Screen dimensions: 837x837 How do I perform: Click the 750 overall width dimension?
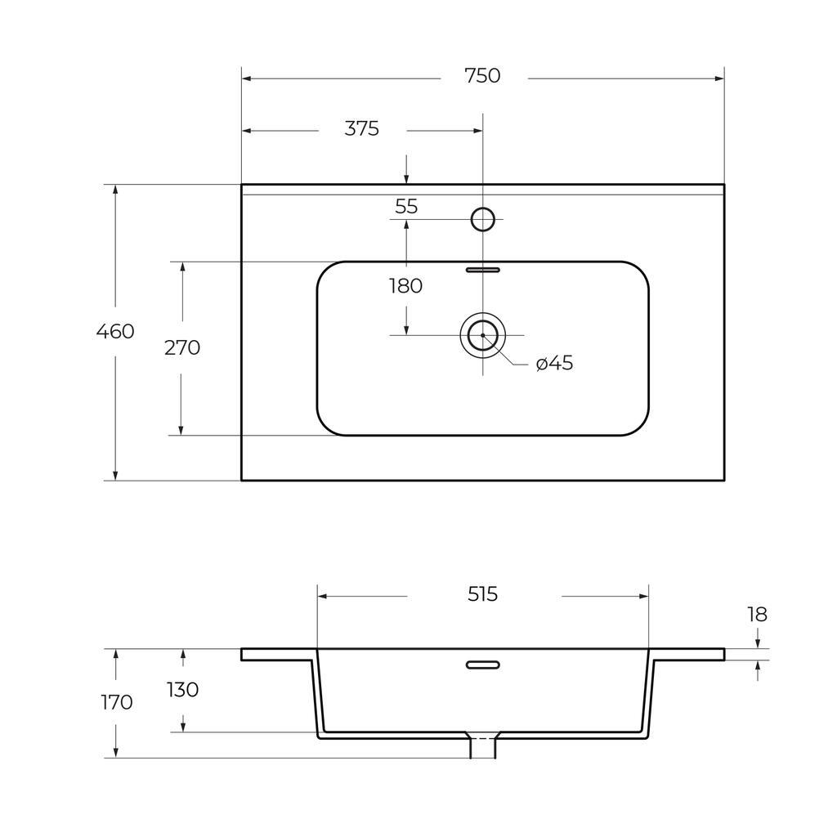[482, 76]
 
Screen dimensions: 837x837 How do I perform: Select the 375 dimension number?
[361, 128]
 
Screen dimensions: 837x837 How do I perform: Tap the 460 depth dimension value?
[115, 332]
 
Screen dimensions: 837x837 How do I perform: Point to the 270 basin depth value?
[182, 347]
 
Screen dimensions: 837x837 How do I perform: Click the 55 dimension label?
[406, 207]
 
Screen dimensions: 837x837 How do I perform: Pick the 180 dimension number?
[406, 286]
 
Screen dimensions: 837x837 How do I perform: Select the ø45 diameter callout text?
[555, 363]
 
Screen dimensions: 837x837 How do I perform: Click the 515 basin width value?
[483, 594]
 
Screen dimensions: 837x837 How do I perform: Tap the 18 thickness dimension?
[757, 614]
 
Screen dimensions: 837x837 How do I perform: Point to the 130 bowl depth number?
[182, 689]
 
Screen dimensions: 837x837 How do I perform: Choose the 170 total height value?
[116, 702]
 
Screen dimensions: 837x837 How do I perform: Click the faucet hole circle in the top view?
[483, 219]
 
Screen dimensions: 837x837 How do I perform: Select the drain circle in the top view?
[483, 335]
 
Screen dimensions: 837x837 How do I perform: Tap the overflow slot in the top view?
[482, 268]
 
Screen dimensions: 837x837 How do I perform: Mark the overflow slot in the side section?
[482, 665]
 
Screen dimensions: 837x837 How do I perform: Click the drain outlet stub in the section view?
[482, 746]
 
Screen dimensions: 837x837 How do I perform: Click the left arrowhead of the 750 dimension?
[246, 78]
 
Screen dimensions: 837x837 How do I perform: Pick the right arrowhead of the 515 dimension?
[644, 597]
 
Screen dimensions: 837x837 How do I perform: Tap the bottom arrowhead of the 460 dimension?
[116, 476]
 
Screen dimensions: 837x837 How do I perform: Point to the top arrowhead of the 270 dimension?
[181, 266]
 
